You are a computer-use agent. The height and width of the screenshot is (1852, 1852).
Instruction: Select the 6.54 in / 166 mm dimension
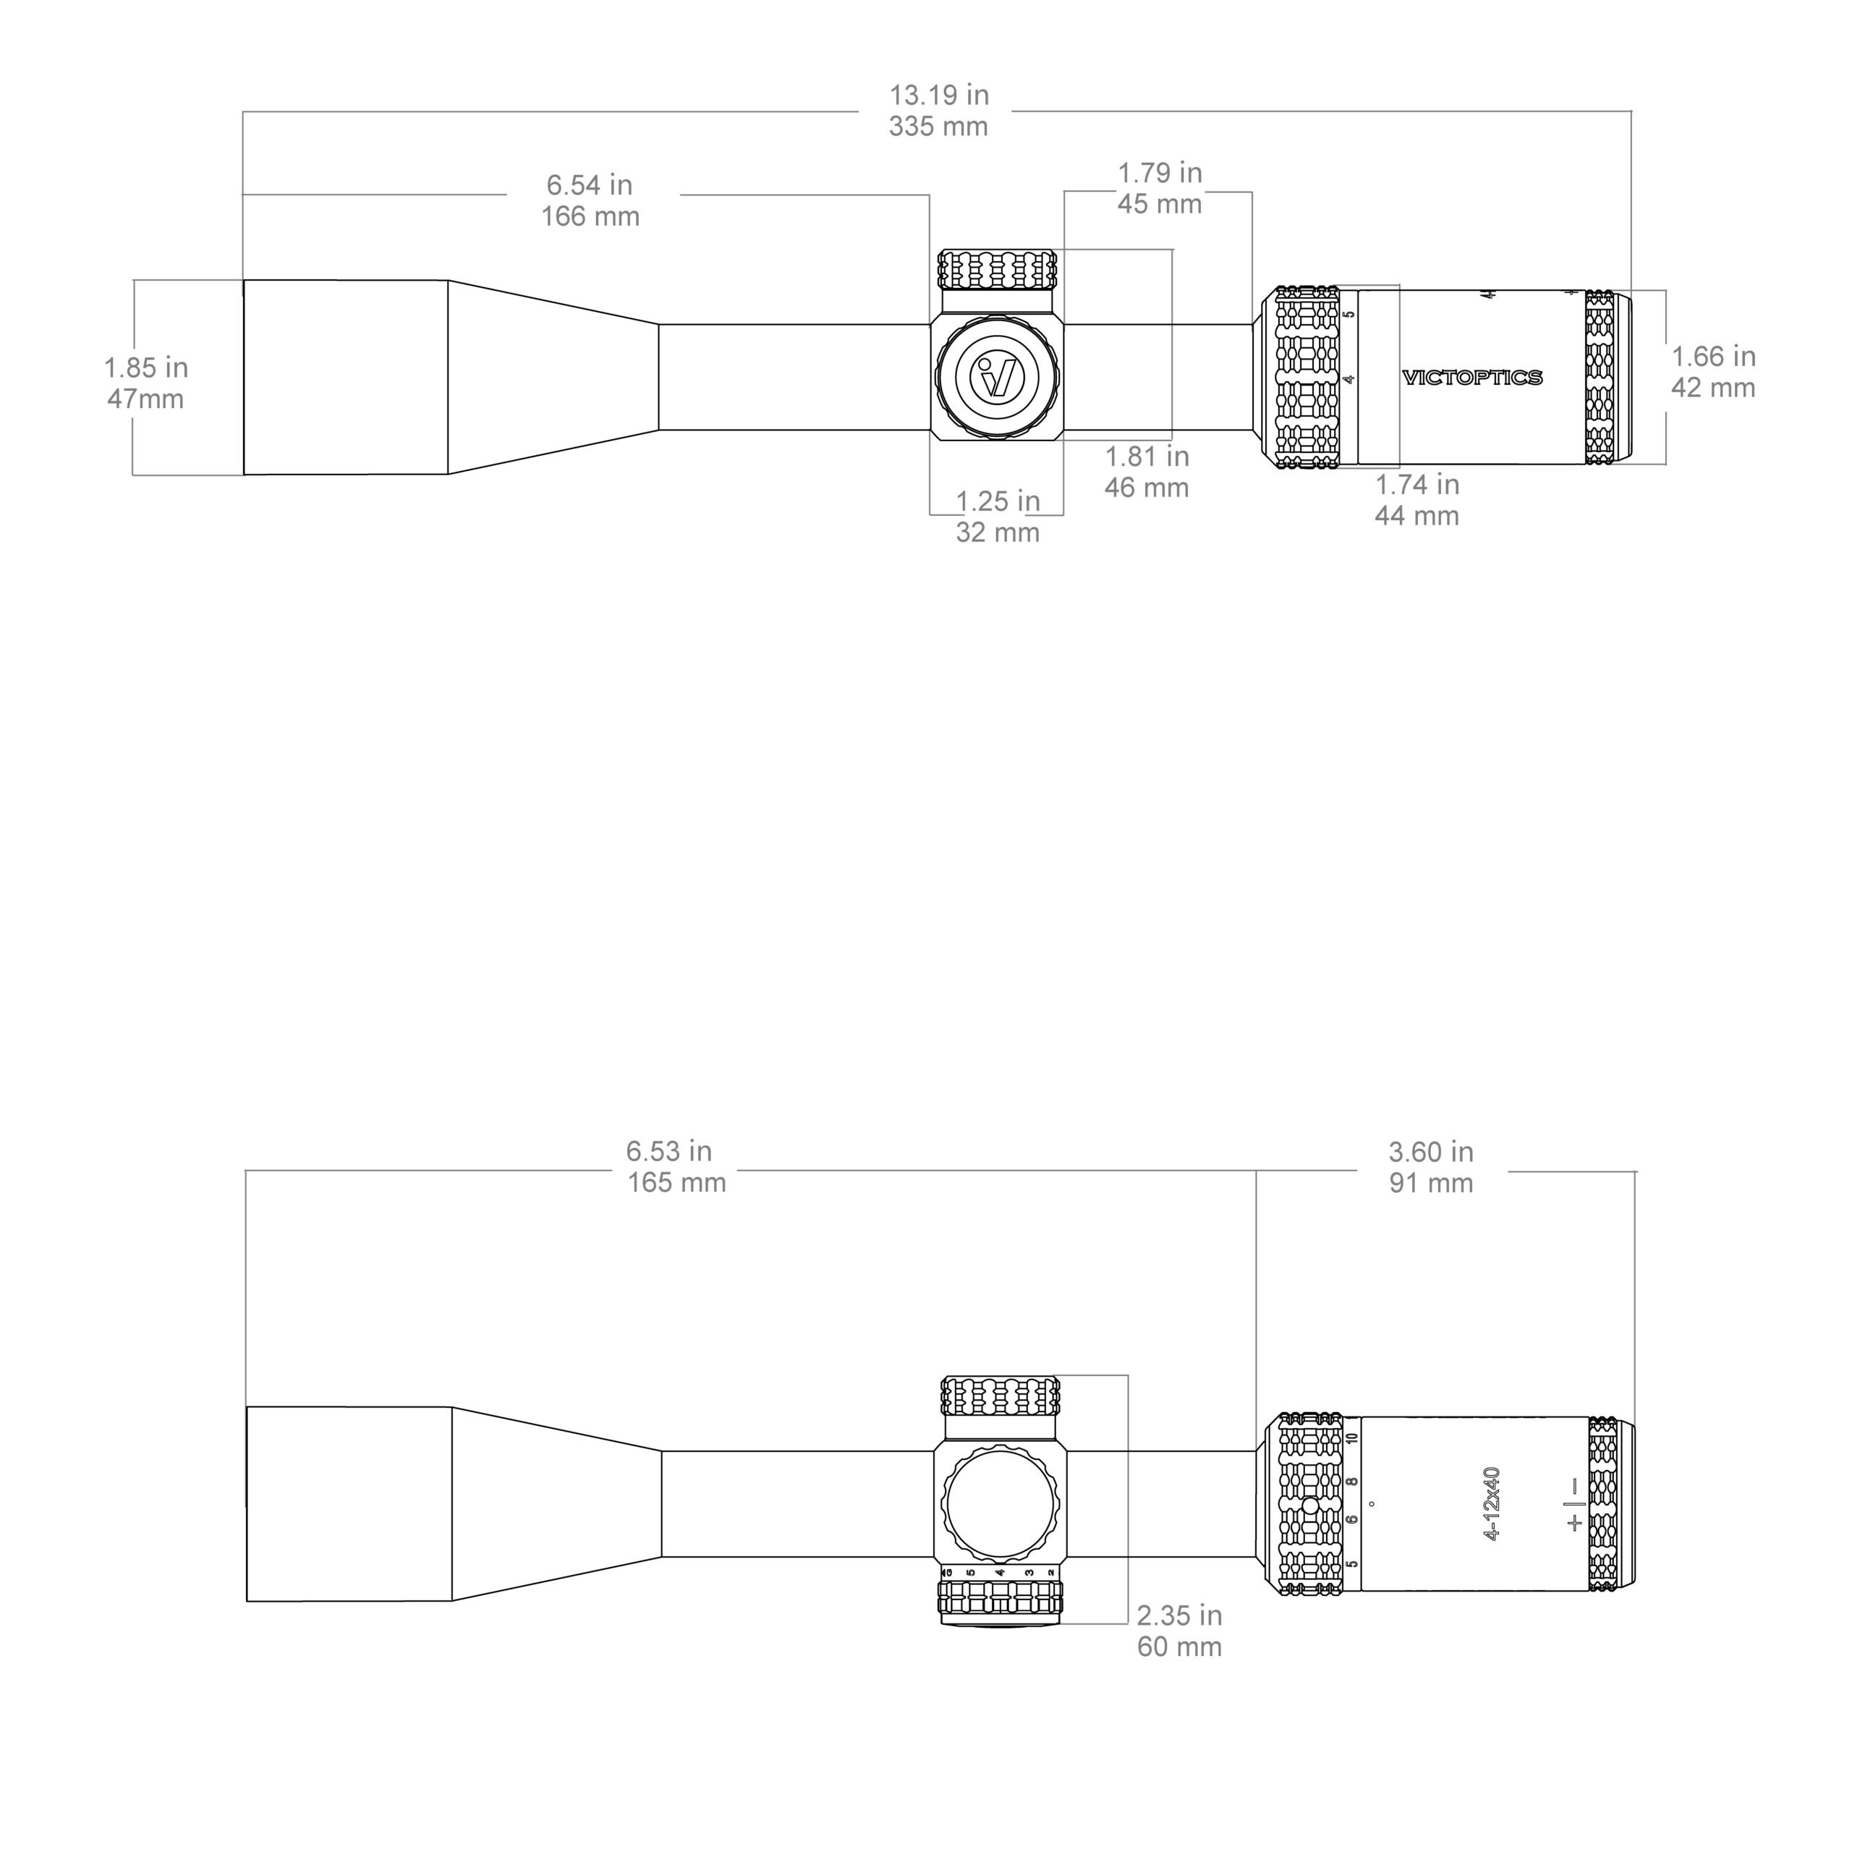[x=590, y=200]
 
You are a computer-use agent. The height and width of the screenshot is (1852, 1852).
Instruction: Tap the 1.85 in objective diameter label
[x=145, y=383]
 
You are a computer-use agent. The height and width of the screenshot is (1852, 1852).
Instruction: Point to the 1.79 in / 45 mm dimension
[x=1159, y=188]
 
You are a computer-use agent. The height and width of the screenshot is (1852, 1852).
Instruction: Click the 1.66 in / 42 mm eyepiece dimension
[x=1713, y=372]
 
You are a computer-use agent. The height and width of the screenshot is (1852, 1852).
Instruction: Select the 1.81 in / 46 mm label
[x=1147, y=472]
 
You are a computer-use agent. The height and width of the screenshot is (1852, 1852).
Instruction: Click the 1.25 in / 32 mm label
[x=997, y=517]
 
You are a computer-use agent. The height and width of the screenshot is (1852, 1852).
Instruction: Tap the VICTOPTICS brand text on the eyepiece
[x=1471, y=378]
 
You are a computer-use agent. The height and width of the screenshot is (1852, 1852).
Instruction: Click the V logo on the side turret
[x=997, y=377]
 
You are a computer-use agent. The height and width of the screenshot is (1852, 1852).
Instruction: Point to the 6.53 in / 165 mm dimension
[x=675, y=1167]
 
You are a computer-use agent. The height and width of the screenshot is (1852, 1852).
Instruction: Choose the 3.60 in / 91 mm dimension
[x=1430, y=1167]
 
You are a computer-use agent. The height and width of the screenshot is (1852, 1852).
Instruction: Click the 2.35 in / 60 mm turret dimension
[x=1179, y=1631]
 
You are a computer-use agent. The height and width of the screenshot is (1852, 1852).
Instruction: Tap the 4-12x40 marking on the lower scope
[x=1490, y=1503]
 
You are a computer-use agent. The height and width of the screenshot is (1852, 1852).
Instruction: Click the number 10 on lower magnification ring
[x=1351, y=1439]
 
